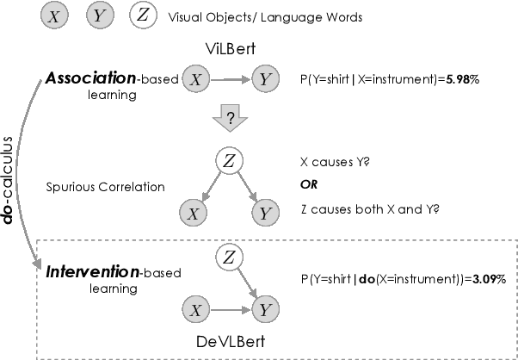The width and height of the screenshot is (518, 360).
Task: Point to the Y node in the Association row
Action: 267,80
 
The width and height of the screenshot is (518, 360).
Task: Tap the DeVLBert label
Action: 231,343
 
